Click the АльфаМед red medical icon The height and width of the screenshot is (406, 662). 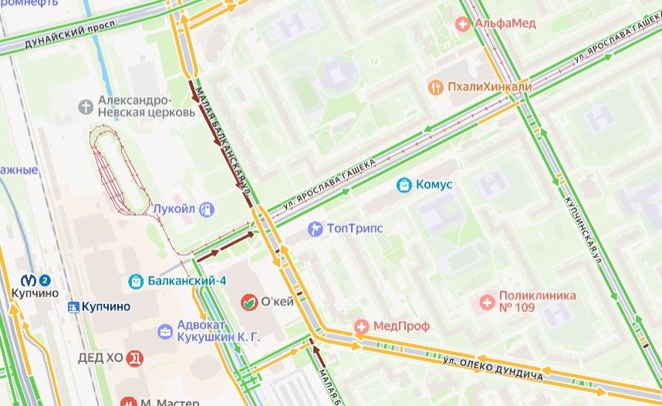463,24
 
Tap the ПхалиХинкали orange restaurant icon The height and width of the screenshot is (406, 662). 435,87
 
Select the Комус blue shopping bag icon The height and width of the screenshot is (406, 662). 403,184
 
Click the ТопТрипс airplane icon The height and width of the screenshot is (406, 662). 315,228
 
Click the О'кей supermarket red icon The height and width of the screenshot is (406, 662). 248,301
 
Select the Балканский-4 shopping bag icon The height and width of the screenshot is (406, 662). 137,280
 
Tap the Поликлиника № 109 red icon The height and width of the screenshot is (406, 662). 487,301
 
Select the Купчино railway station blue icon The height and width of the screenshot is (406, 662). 73,306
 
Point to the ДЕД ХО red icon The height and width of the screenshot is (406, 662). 135,358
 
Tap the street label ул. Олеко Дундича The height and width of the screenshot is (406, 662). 493,368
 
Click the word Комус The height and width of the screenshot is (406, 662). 434,184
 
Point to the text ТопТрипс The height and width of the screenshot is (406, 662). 355,228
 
